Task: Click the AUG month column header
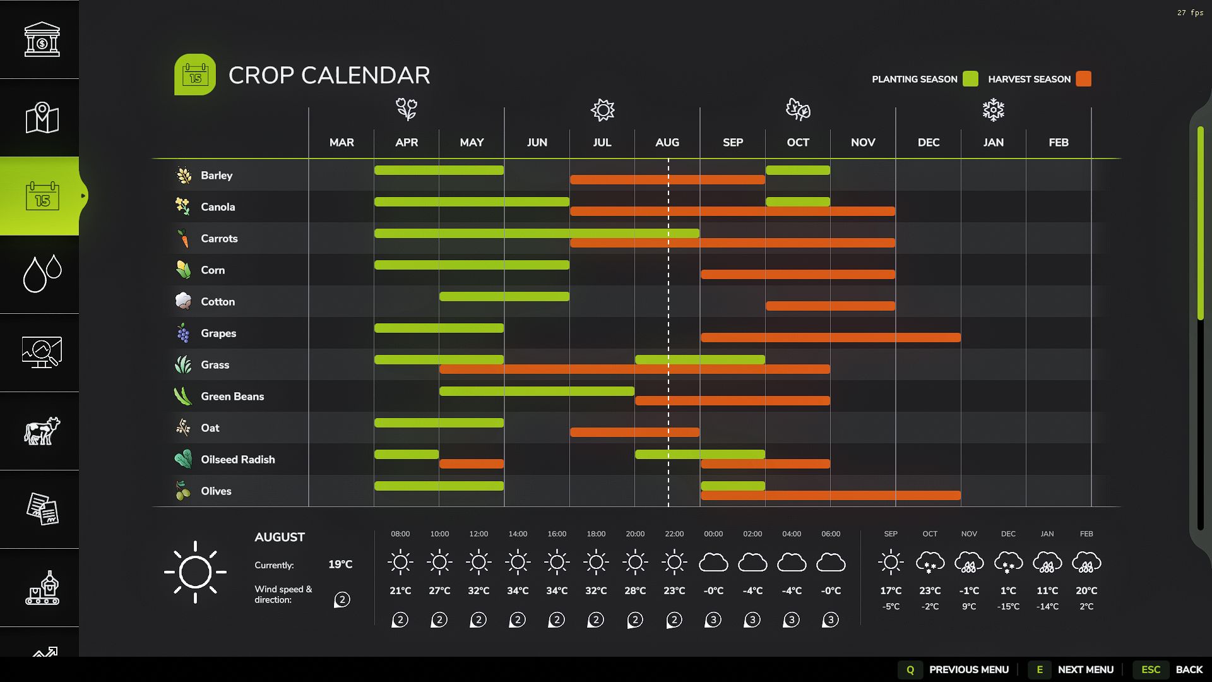667,143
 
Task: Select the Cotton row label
217,302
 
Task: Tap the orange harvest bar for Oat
634,433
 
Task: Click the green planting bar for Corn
472,265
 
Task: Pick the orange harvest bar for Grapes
830,338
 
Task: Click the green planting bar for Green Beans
537,392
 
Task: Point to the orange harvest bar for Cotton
830,306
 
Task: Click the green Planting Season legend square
971,79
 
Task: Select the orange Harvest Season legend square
1083,79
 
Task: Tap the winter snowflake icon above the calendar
993,110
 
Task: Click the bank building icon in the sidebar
42,39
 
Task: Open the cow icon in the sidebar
42,431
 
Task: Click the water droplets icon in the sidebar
42,274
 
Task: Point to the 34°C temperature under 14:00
518,591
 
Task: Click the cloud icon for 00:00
713,562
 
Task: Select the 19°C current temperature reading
340,565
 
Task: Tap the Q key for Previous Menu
910,669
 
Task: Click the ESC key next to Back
1150,669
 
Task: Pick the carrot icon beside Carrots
184,238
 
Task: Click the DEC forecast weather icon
1008,562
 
